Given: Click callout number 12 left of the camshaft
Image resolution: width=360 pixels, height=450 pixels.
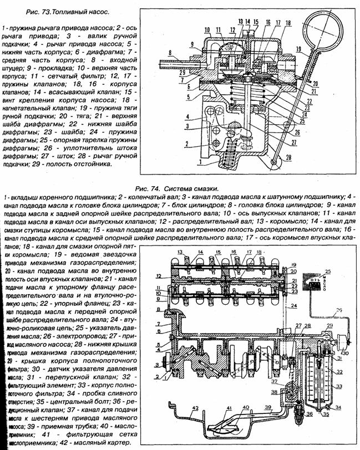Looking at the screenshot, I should (158, 275).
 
